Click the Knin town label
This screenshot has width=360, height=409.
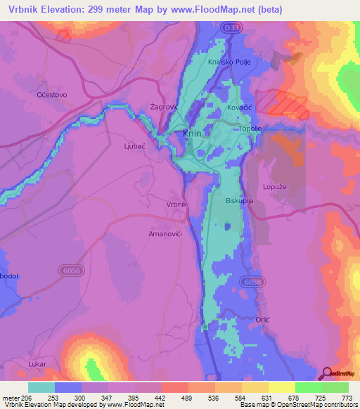[192, 133]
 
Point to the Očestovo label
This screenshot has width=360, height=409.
[32, 93]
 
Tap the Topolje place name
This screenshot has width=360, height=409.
[251, 129]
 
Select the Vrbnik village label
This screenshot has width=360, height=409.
[176, 204]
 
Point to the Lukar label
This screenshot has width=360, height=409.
[37, 363]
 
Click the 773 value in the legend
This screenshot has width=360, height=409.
[345, 398]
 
